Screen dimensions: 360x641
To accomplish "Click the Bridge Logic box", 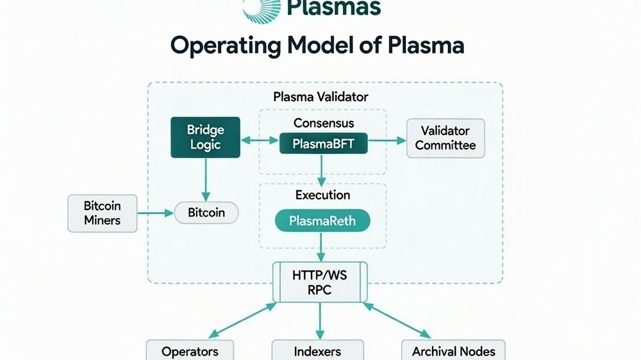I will [204, 137].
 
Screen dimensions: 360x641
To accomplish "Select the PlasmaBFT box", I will [324, 143].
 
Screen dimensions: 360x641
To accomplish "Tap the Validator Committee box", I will [445, 138].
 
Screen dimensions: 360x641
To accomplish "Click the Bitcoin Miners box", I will [102, 213].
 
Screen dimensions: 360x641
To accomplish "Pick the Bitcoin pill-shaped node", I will [206, 213].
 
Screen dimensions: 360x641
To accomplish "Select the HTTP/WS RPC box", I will [320, 282].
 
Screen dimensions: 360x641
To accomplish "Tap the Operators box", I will [190, 351].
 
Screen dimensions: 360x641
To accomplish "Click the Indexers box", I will [317, 351].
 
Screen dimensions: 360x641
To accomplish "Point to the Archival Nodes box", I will [453, 351].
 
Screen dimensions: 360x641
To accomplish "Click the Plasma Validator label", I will [320, 97].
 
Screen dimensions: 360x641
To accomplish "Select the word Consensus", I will [324, 122].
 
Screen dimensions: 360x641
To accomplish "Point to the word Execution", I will [322, 195].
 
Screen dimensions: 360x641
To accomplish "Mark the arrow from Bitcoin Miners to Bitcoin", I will [156, 213].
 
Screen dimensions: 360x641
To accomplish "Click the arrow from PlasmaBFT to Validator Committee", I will [388, 138].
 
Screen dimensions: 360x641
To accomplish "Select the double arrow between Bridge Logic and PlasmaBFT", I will [260, 138].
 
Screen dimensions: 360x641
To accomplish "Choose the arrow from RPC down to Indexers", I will [320, 321].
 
